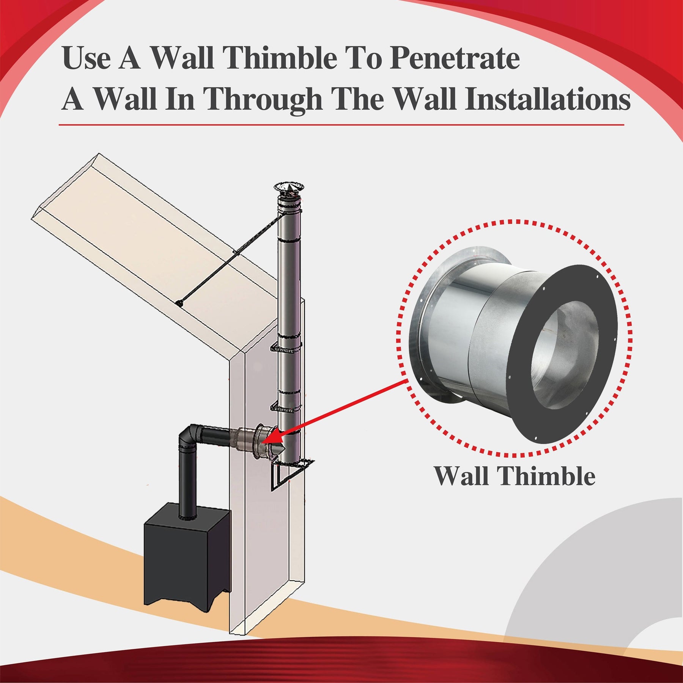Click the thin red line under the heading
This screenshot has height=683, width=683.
pos(341,124)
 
